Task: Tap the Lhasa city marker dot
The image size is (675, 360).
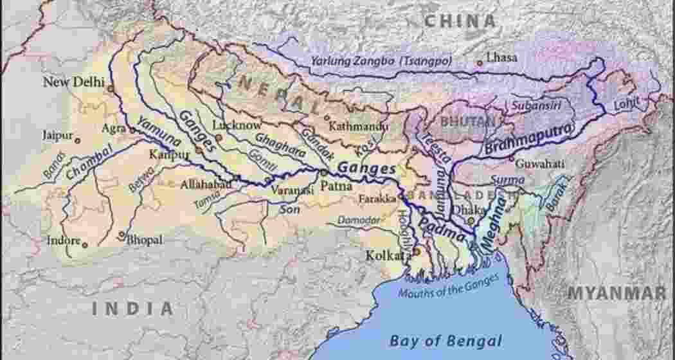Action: click(x=479, y=63)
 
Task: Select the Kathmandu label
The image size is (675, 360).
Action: click(x=358, y=127)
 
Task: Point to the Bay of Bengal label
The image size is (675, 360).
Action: click(x=446, y=340)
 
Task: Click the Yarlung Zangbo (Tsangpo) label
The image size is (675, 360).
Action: click(x=381, y=61)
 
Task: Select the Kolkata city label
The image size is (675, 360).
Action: click(x=388, y=255)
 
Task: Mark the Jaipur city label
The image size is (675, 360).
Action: click(x=57, y=136)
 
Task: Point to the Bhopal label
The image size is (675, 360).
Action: click(x=145, y=240)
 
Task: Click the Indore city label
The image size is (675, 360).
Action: click(x=64, y=241)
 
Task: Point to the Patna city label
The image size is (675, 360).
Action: click(x=337, y=186)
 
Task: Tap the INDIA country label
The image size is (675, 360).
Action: click(x=132, y=309)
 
